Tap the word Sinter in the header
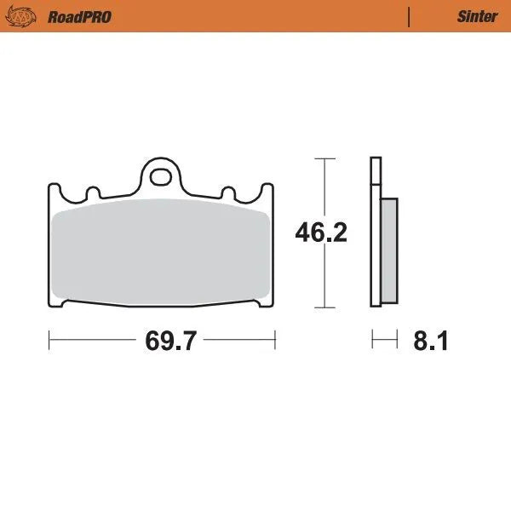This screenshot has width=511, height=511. pos(477,17)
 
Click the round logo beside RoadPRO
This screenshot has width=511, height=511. pos(27,17)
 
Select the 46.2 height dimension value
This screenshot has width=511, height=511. pos(321,233)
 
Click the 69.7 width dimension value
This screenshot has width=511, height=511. pos(170,342)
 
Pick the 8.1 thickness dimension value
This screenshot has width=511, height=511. pos(430,342)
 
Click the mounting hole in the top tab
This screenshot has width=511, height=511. pos(160,177)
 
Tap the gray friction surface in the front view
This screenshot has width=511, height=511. pos(160,251)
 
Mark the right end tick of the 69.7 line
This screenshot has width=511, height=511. pos(275,342)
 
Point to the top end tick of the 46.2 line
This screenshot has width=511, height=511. pos(321,159)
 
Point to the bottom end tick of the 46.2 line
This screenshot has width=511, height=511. pos(321,307)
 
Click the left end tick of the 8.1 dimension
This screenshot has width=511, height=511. pos(371,342)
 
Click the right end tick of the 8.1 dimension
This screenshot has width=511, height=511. pos(398,342)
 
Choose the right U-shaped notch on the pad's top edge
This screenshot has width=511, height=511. pos(228,192)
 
